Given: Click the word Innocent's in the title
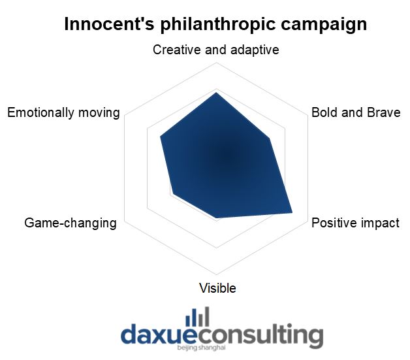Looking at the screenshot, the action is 109,24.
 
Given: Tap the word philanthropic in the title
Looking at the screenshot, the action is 218,25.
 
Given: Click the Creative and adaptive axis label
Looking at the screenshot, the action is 215,50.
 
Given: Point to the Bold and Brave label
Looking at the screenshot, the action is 356,112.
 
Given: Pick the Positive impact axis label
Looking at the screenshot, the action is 355,223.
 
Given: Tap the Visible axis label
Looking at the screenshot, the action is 217,288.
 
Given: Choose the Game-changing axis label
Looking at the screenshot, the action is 71,223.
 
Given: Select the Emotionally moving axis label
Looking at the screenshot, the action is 63,113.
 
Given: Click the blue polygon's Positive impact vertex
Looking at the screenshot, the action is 292,212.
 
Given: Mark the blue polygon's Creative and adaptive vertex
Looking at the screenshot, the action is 216,92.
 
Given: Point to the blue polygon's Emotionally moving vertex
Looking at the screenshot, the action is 161,137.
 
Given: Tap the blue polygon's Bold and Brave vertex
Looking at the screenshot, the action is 270,139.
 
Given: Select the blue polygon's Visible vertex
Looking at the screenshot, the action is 217,218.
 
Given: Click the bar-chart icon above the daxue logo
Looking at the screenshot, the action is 197,317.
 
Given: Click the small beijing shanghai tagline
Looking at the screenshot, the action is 201,348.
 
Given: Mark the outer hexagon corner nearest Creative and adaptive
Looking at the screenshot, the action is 216,63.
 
